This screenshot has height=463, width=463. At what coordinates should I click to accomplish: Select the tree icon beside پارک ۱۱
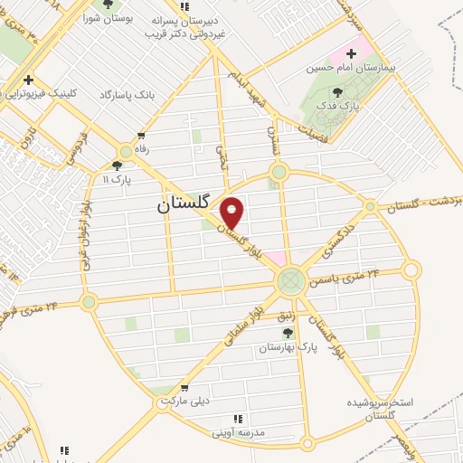[117, 165]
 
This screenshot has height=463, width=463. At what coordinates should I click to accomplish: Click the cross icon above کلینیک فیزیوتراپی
[30, 79]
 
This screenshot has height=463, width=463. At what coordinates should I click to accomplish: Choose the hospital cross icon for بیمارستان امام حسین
[351, 54]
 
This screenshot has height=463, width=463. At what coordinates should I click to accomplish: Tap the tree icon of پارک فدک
[337, 91]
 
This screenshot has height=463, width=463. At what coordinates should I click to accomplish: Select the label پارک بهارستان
[288, 347]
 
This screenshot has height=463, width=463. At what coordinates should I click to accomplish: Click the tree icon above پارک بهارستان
[288, 333]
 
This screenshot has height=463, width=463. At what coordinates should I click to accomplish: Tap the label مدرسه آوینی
[238, 432]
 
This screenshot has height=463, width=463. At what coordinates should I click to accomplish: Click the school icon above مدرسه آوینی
[238, 418]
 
